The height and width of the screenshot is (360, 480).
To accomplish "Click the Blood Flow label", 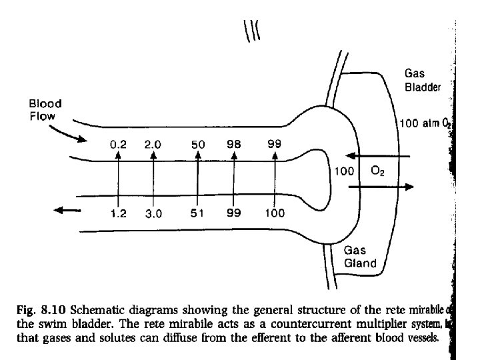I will point(45,109).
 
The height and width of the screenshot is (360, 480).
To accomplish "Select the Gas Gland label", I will point(360,257).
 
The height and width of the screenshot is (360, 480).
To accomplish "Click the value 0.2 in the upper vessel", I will point(117,144).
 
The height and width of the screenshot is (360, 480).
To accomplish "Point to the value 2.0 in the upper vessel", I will point(153,144).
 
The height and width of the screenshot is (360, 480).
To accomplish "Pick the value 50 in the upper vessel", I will point(198,145).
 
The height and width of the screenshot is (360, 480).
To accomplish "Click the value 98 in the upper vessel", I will point(233,144).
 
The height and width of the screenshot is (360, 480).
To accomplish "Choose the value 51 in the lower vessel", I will point(198,214).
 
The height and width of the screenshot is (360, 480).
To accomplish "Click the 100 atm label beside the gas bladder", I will point(425,123).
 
